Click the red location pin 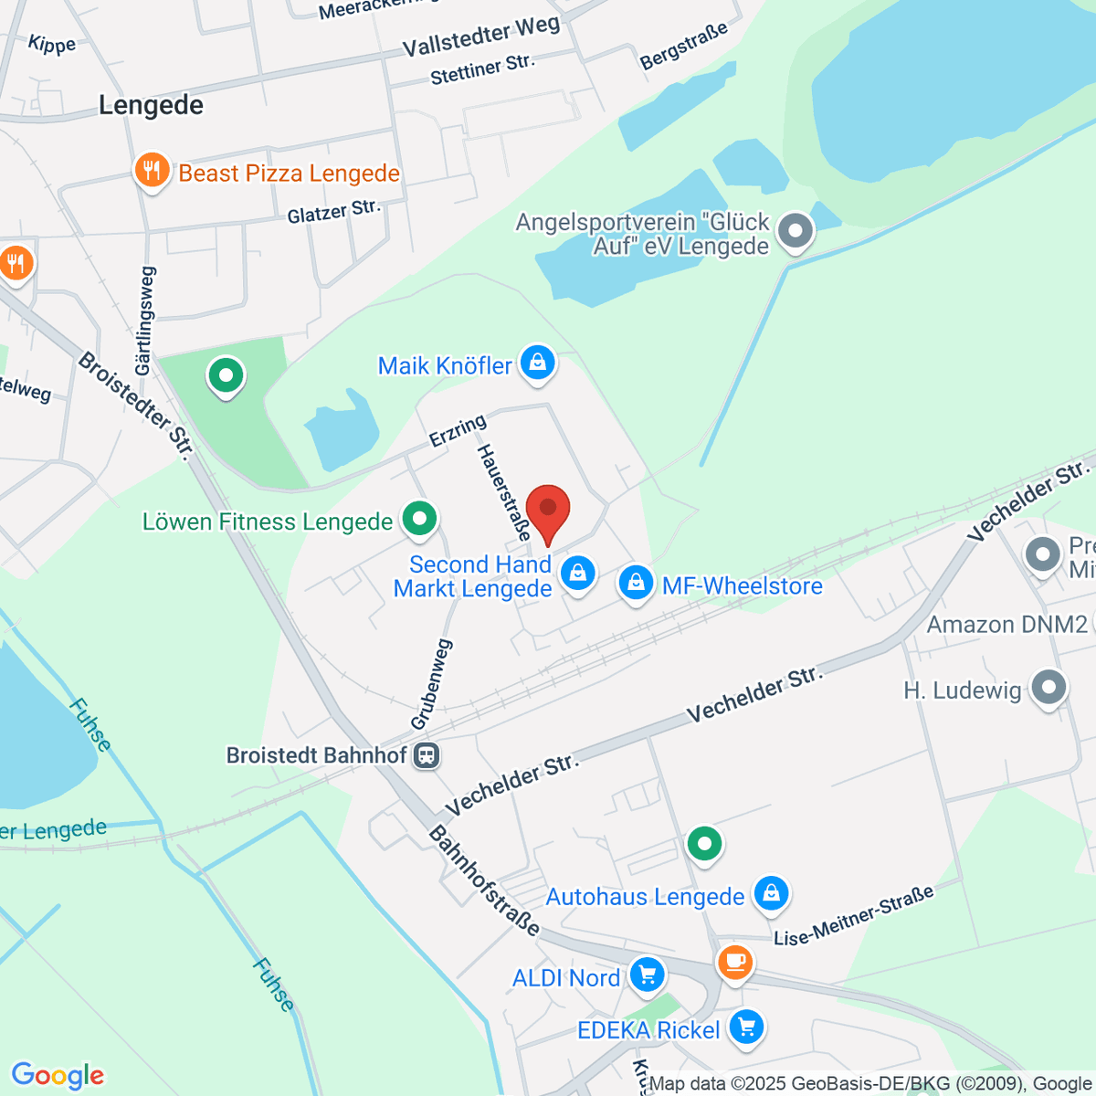548,511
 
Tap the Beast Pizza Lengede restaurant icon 152,171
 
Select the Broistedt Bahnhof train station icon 427,755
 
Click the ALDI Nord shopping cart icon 647,975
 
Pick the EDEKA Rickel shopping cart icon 747,1027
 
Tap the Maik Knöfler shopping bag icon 538,363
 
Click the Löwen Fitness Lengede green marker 419,520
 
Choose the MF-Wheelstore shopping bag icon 636,582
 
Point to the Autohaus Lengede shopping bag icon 771,894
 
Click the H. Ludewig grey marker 1048,688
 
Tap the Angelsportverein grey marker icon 796,230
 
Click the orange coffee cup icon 735,962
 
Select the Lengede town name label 151,105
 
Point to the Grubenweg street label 432,684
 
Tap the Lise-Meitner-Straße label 854,915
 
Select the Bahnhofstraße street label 484,880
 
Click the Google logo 58,1075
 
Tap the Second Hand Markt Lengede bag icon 577,574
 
